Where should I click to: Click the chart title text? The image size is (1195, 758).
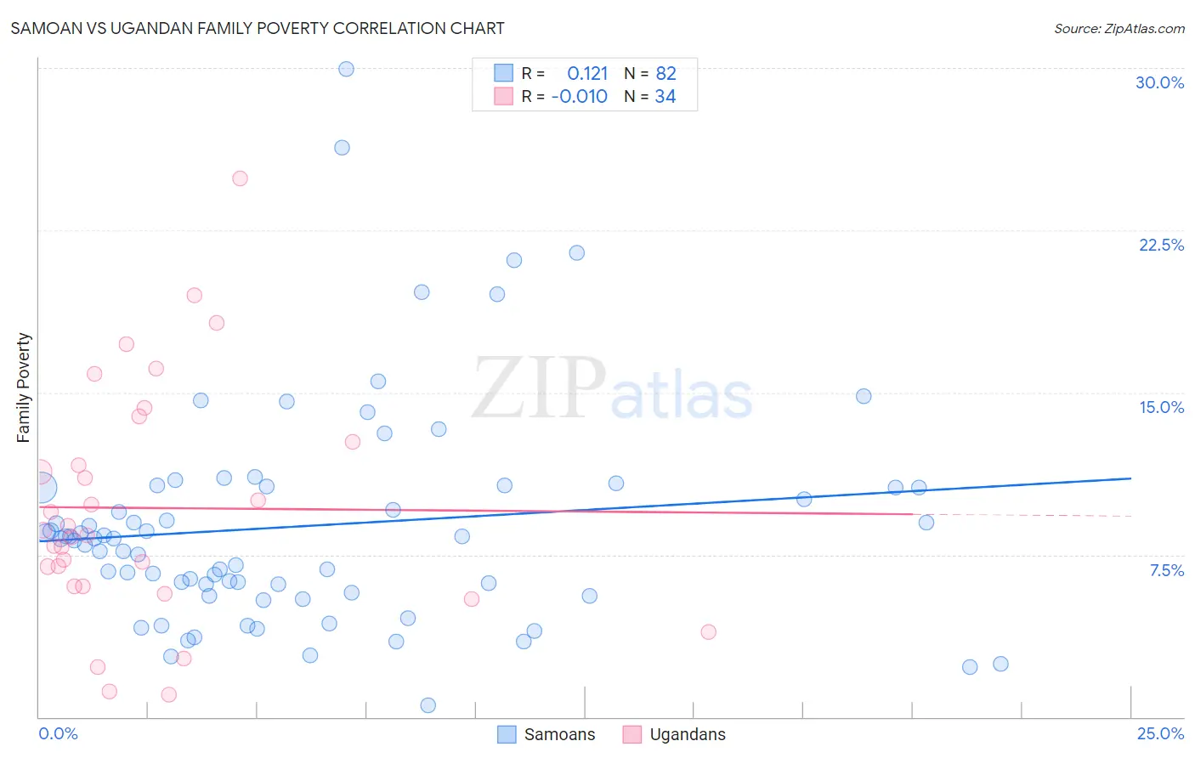(x=258, y=28)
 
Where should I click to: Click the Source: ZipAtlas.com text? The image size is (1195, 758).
(x=1119, y=28)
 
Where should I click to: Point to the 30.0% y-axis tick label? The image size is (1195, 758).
(x=1159, y=82)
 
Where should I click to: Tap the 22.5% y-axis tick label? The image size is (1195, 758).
(x=1161, y=245)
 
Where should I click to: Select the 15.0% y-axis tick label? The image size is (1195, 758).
(x=1161, y=407)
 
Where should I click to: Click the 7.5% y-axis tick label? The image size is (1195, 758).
(x=1166, y=570)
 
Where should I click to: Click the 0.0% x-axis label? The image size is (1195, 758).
(x=58, y=733)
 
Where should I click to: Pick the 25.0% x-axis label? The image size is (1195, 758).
(x=1160, y=733)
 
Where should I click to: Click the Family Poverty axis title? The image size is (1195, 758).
(x=24, y=387)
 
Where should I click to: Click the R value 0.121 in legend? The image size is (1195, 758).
(x=587, y=74)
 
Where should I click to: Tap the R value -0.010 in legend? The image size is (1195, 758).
(x=579, y=97)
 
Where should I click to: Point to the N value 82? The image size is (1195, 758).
(x=665, y=74)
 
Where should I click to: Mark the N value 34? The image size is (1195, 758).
(x=665, y=97)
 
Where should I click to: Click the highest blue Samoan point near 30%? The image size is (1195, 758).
(x=346, y=69)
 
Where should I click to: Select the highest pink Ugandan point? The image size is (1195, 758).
(x=240, y=178)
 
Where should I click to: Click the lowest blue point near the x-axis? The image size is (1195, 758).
(x=428, y=705)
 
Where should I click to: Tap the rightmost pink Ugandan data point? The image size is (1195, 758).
(x=708, y=631)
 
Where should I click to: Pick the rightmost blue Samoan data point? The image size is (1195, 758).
(x=1000, y=664)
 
